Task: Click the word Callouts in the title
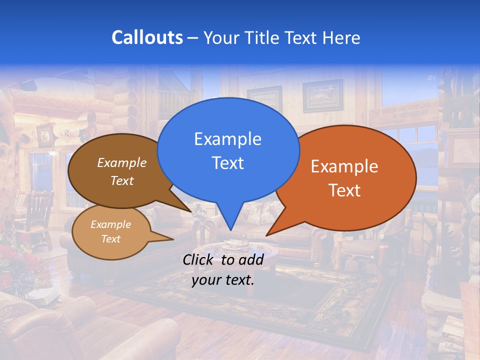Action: (147, 37)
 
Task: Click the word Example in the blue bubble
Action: (227, 139)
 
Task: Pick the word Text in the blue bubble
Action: (227, 163)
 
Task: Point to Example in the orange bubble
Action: (344, 166)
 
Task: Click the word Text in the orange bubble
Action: (344, 190)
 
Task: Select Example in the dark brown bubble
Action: (121, 162)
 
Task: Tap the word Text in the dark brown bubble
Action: (121, 180)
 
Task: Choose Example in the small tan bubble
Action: (110, 224)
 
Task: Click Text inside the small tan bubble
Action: (110, 239)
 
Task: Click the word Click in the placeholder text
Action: (199, 259)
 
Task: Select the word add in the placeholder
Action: (251, 259)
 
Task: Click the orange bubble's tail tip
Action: (266, 235)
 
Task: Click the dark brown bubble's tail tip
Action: (191, 211)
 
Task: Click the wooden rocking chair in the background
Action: (37, 215)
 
